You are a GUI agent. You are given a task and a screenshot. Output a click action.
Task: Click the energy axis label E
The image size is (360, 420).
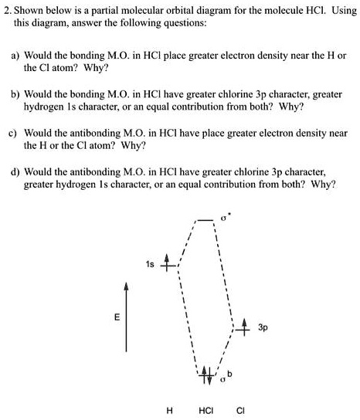[x=117, y=317]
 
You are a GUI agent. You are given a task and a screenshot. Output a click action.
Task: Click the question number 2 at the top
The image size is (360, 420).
[x=6, y=10]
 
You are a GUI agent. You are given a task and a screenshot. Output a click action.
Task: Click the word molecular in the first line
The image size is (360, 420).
[x=125, y=10]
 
